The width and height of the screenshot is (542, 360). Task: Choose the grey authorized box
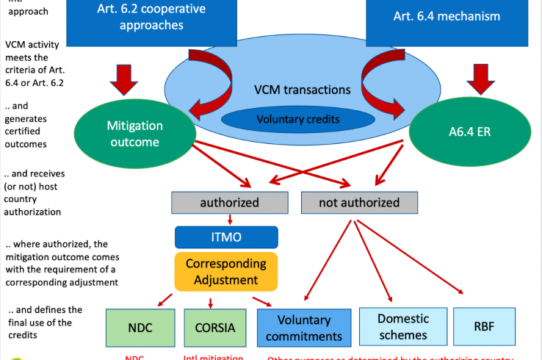click(229, 202)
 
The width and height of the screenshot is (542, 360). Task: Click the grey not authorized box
click(359, 202)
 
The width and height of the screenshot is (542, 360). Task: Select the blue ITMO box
click(226, 237)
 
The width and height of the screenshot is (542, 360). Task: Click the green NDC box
click(140, 327)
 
